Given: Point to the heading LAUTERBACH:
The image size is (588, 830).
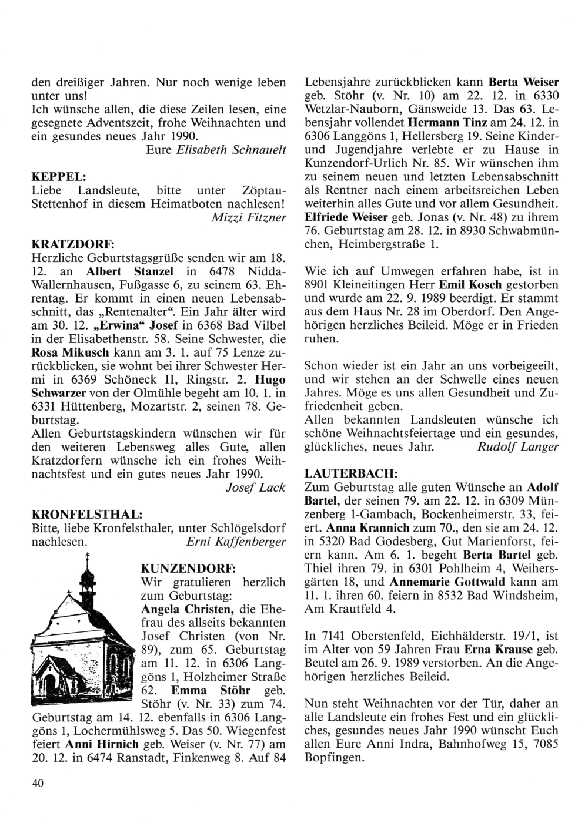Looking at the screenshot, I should (x=350, y=472).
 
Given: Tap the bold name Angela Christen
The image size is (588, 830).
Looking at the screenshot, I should (x=181, y=608).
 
